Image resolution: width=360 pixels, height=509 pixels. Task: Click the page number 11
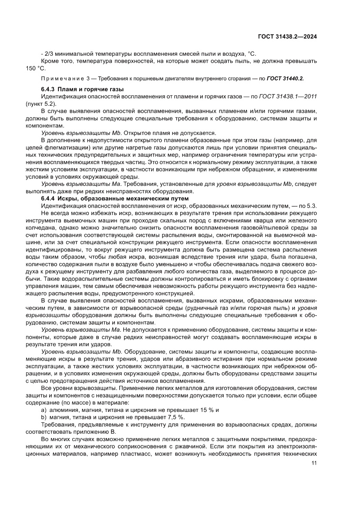point(313,463)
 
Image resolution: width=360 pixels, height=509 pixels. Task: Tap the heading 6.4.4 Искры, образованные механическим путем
point(115,198)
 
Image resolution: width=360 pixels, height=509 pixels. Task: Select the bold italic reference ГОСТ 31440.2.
point(285,79)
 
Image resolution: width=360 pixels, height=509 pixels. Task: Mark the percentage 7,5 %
point(173,418)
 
